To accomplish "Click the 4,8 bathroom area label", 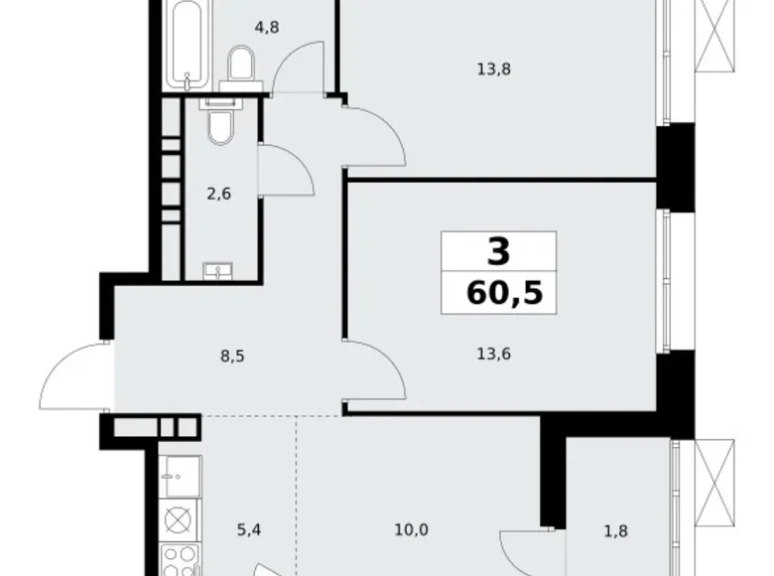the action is (x=267, y=28).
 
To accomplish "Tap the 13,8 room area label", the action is (x=493, y=70).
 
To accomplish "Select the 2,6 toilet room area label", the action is (x=218, y=194).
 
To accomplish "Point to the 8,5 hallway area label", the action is (x=232, y=356).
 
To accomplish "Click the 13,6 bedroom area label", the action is (x=493, y=354).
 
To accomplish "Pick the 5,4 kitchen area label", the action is (x=249, y=530).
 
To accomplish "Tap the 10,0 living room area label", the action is (x=411, y=530).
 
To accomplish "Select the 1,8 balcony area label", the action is (x=616, y=531).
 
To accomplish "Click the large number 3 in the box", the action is (x=498, y=251).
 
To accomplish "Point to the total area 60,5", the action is (x=504, y=293).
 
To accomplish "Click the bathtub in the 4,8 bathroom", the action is (x=189, y=46).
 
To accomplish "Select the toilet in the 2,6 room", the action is (x=220, y=122).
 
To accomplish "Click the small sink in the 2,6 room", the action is (x=217, y=271).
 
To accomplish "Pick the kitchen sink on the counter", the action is (x=183, y=477).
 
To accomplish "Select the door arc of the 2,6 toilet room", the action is (x=301, y=161).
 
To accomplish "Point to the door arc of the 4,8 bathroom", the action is (x=290, y=55).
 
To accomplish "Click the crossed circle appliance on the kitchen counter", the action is (x=178, y=519).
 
